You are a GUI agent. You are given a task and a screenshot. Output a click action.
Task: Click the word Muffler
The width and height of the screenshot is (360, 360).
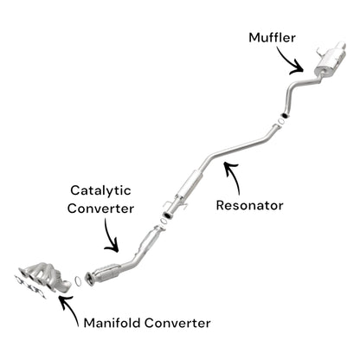pyautogui.click(x=274, y=37)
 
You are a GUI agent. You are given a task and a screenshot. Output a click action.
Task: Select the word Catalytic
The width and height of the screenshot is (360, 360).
pyautogui.click(x=100, y=190)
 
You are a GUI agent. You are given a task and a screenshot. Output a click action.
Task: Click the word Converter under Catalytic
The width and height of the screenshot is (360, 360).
pyautogui.click(x=101, y=209)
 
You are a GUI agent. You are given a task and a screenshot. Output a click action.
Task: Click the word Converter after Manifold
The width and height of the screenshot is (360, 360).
pyautogui.click(x=178, y=324)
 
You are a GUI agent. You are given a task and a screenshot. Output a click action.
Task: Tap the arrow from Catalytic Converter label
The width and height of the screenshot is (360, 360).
pyautogui.click(x=109, y=235)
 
